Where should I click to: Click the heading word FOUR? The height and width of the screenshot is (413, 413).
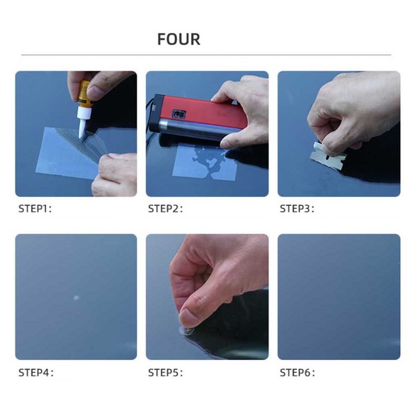[179, 39]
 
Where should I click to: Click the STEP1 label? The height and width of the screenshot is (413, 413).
[35, 208]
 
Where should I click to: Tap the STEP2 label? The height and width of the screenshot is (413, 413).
[165, 208]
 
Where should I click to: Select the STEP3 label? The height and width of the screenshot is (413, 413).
[297, 208]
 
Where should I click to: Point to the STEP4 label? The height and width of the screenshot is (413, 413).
[35, 372]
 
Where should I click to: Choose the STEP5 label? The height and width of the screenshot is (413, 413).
[165, 372]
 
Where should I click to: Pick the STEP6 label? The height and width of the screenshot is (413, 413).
[297, 372]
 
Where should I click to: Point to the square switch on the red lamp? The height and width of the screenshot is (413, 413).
[179, 114]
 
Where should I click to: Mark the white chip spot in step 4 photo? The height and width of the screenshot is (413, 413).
[76, 298]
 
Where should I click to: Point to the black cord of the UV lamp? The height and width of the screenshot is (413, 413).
[149, 119]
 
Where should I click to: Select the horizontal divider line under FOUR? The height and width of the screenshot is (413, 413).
[206, 55]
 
